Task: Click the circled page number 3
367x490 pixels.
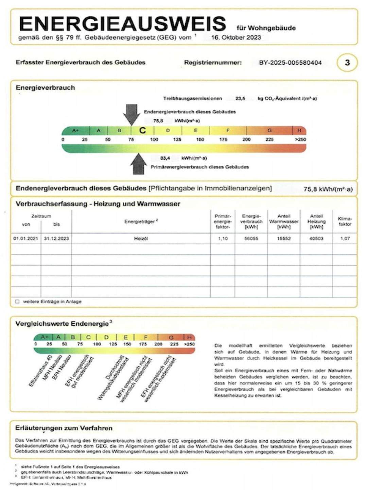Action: coord(347,63)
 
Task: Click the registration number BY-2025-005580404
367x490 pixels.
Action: coord(290,63)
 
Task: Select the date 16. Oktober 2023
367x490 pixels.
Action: coord(236,37)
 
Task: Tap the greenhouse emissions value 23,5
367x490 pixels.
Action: coord(240,98)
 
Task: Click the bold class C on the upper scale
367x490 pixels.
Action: coord(142,130)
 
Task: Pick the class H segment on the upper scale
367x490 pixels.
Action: coord(299,130)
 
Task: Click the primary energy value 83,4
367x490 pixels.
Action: coord(165,158)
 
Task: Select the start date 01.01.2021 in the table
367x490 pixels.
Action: coord(26,239)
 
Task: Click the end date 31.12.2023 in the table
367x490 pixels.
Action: coord(56,239)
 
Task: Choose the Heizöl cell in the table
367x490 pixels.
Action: coord(141,239)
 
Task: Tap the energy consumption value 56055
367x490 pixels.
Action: coord(251,239)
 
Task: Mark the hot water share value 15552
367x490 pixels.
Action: coord(284,239)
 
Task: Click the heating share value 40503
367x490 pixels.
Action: coord(316,239)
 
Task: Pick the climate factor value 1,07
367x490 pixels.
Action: coord(345,239)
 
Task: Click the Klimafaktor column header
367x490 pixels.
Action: coord(345,222)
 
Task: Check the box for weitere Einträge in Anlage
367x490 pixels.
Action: coord(17,301)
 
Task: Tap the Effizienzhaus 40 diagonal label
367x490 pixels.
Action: coord(40,371)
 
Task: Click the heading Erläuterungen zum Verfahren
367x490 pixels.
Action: coord(64,428)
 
